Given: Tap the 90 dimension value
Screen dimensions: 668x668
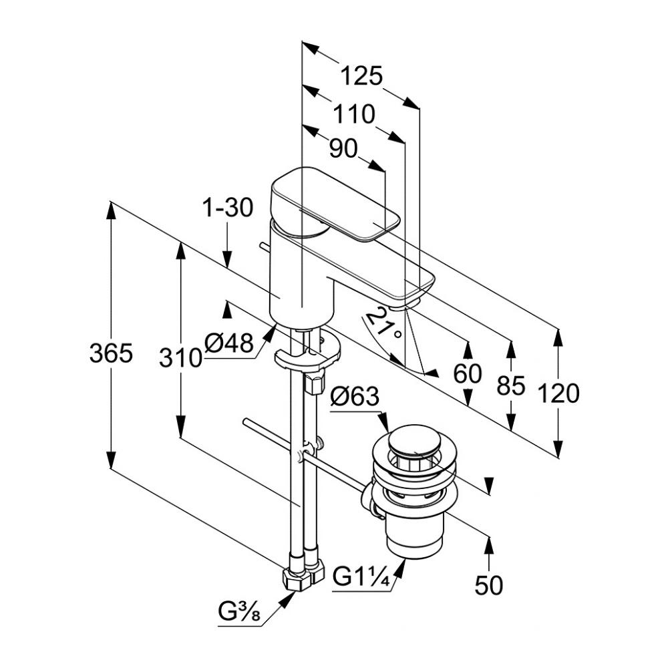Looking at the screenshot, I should (343, 149).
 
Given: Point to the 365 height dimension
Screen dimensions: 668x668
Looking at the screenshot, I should (111, 353).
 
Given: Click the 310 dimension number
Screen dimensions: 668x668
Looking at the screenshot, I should (180, 358).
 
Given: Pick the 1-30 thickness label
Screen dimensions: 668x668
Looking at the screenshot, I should (228, 208).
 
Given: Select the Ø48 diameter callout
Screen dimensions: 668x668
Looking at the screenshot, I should (229, 344).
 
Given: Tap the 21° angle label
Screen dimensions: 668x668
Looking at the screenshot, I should (387, 324).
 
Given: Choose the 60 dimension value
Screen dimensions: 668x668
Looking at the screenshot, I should (468, 374).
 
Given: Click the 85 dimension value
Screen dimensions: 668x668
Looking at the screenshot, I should (511, 385).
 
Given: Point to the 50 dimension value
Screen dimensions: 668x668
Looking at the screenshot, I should (489, 585).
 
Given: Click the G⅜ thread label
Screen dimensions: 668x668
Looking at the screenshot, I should (238, 611).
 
